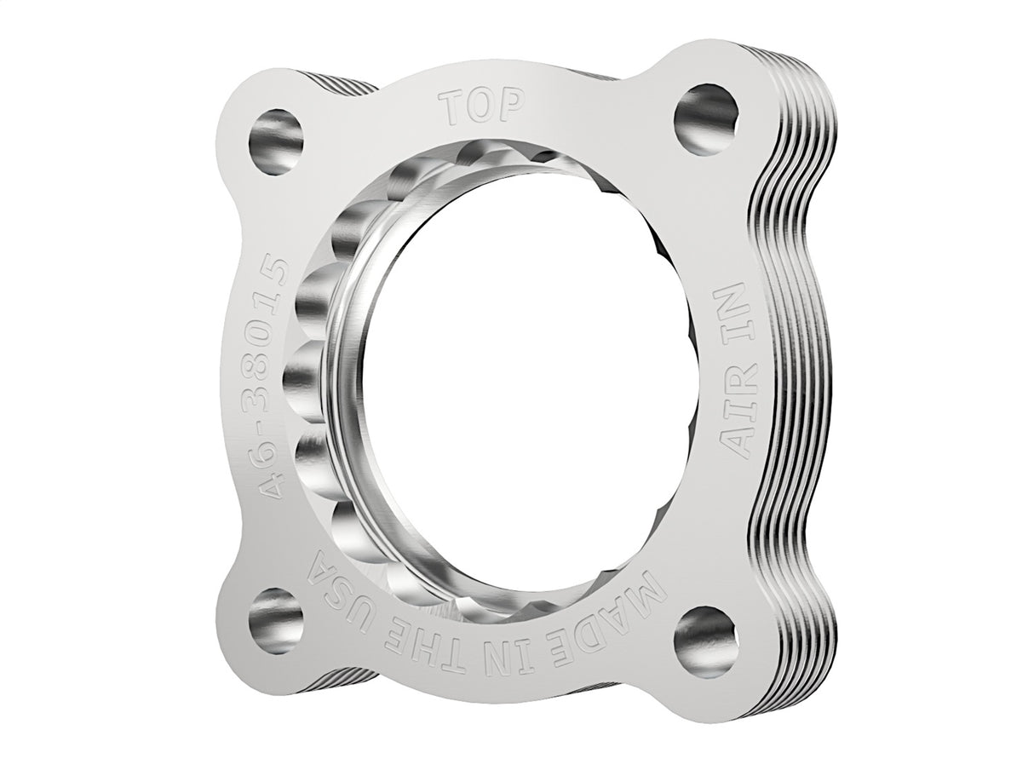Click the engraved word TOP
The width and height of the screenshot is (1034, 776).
482,107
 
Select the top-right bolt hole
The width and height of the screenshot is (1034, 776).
706,120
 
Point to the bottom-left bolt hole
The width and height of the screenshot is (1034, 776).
276,619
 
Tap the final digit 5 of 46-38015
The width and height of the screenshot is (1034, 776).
274,276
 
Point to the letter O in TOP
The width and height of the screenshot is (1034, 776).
482,107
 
